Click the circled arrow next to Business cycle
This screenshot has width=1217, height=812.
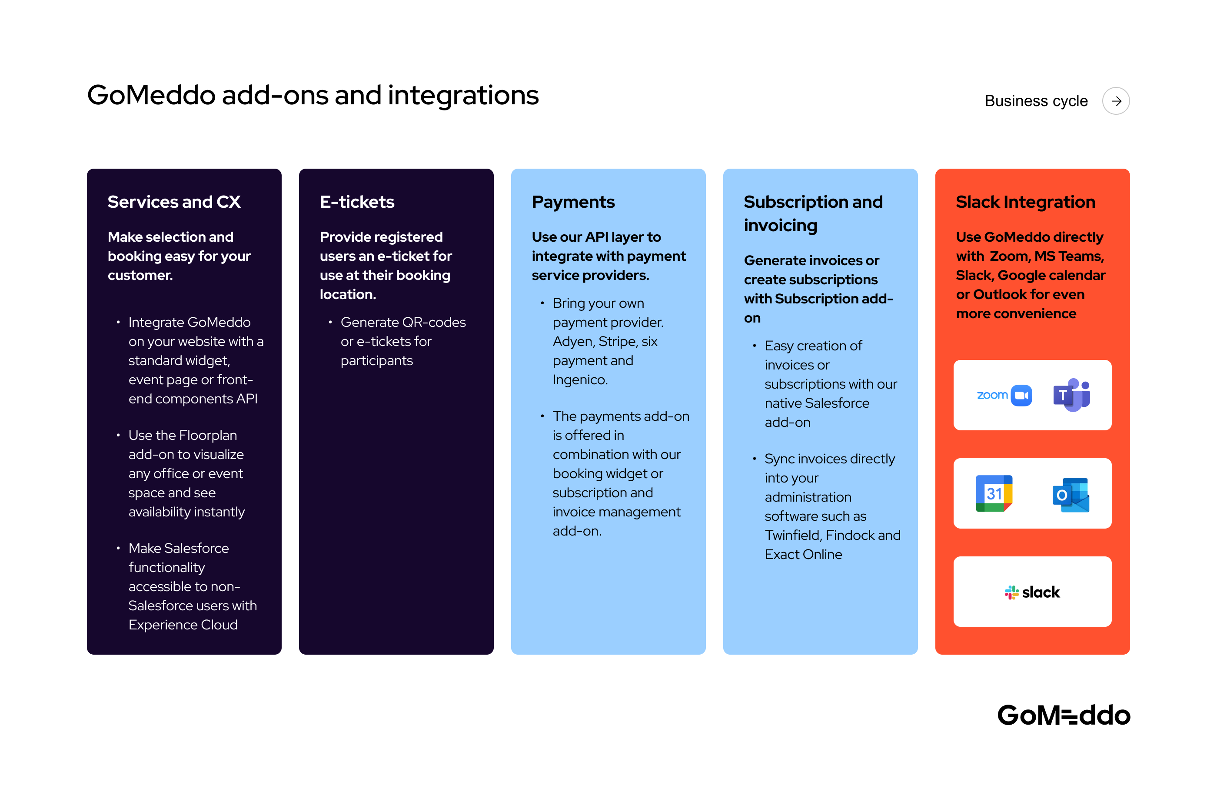[x=1116, y=101]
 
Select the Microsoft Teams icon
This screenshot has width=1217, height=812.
[x=1071, y=395]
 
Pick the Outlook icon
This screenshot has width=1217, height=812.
[x=1071, y=495]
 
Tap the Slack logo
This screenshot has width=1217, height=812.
[x=1032, y=592]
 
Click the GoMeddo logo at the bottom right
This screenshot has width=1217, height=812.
[x=1063, y=715]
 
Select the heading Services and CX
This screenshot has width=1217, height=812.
[x=174, y=202]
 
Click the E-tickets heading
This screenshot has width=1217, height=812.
[x=357, y=202]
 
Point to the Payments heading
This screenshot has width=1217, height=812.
[x=573, y=202]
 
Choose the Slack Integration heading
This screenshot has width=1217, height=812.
[x=1025, y=202]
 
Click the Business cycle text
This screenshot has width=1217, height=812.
[x=1036, y=101]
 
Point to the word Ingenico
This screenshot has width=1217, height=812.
[x=580, y=380]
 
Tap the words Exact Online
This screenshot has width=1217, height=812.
[x=803, y=555]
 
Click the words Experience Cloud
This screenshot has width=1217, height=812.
[x=183, y=625]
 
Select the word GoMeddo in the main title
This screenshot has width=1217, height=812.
[x=151, y=96]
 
